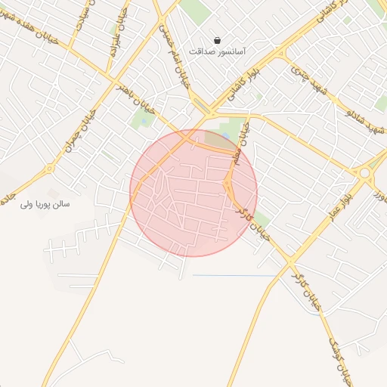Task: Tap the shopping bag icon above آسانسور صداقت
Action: point(218,40)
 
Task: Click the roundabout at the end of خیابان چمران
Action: point(50,169)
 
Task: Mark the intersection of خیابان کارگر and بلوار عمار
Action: point(291,262)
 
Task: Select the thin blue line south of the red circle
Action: point(234,276)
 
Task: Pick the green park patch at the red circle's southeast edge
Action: point(260,220)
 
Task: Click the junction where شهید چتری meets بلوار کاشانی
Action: point(282,54)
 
